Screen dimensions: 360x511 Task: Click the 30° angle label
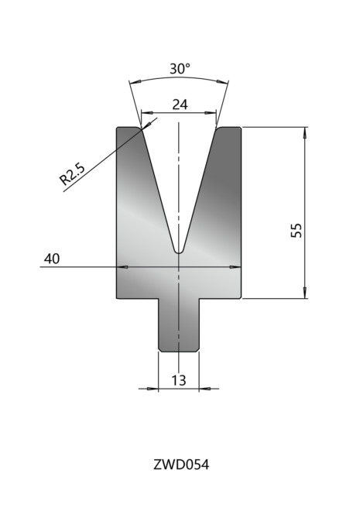coord(180,69)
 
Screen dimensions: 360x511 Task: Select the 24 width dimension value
coord(180,105)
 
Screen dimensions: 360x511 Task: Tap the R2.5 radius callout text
coord(72,173)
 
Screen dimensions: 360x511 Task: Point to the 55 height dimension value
coord(297,231)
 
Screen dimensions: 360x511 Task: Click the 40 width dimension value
coord(52,259)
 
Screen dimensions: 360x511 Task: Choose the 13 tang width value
coord(179,380)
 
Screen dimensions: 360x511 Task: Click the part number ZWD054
coord(181,465)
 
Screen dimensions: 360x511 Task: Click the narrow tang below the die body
coord(179,325)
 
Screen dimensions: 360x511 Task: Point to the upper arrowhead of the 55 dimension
coord(305,132)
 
